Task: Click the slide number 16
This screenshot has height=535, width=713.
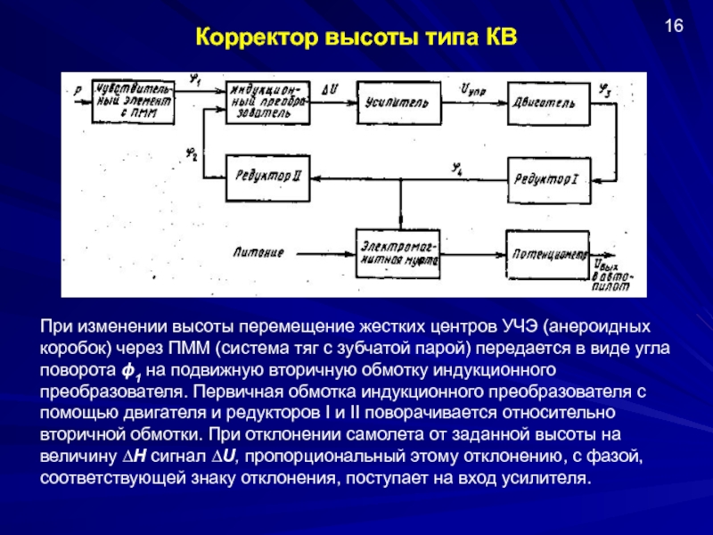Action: click(x=674, y=26)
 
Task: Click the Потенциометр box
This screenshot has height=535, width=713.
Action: click(x=548, y=252)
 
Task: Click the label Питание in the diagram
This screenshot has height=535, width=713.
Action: click(x=259, y=253)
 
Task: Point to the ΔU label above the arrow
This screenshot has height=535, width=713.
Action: click(x=329, y=89)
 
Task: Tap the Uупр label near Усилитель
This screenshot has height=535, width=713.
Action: click(x=471, y=90)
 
